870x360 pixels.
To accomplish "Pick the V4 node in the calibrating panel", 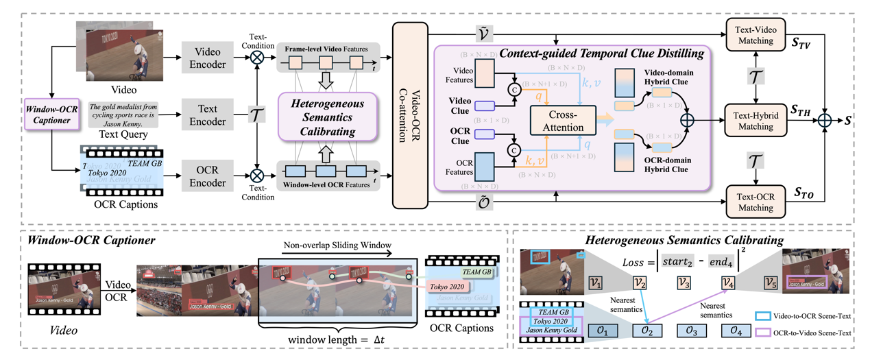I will tap(728, 283).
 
